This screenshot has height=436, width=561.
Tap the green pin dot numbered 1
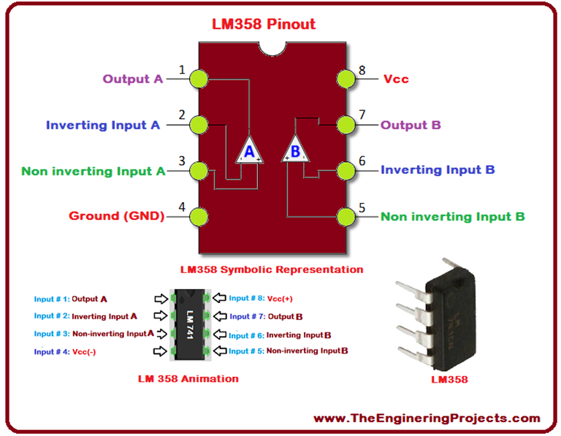tap(197, 79)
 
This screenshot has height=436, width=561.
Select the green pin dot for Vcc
tap(345, 79)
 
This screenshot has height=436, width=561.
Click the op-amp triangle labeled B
tap(295, 150)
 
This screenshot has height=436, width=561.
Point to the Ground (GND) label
tap(116, 215)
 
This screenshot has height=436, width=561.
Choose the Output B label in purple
tap(411, 125)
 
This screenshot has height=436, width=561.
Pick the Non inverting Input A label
tap(93, 171)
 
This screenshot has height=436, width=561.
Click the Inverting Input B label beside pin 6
tap(438, 169)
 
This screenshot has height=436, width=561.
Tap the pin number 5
tap(362, 208)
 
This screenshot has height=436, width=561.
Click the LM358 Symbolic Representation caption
tap(272, 269)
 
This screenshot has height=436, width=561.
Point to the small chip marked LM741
tap(188, 324)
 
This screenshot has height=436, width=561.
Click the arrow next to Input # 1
tap(160, 299)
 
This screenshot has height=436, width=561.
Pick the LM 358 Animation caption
tap(188, 378)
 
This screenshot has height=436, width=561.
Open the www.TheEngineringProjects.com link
tap(427, 418)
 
